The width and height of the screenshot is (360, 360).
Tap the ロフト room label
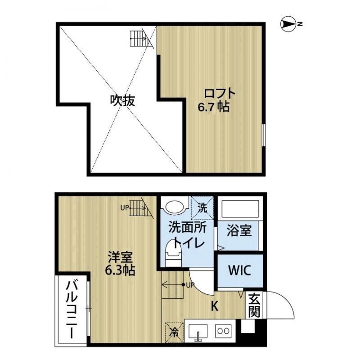(x=220, y=94)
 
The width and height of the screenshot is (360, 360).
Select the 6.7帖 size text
(x=214, y=107)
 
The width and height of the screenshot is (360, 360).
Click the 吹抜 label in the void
(x=123, y=100)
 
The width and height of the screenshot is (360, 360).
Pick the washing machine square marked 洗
(x=202, y=208)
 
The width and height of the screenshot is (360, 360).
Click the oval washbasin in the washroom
(x=175, y=207)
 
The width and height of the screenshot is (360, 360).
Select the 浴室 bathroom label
(x=239, y=232)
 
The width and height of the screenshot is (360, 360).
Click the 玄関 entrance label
(x=254, y=305)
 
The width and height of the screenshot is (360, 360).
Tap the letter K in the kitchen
(x=215, y=306)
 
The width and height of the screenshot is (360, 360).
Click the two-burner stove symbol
(x=224, y=330)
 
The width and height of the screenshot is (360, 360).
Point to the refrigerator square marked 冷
(x=174, y=333)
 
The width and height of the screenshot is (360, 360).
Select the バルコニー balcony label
(x=72, y=310)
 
